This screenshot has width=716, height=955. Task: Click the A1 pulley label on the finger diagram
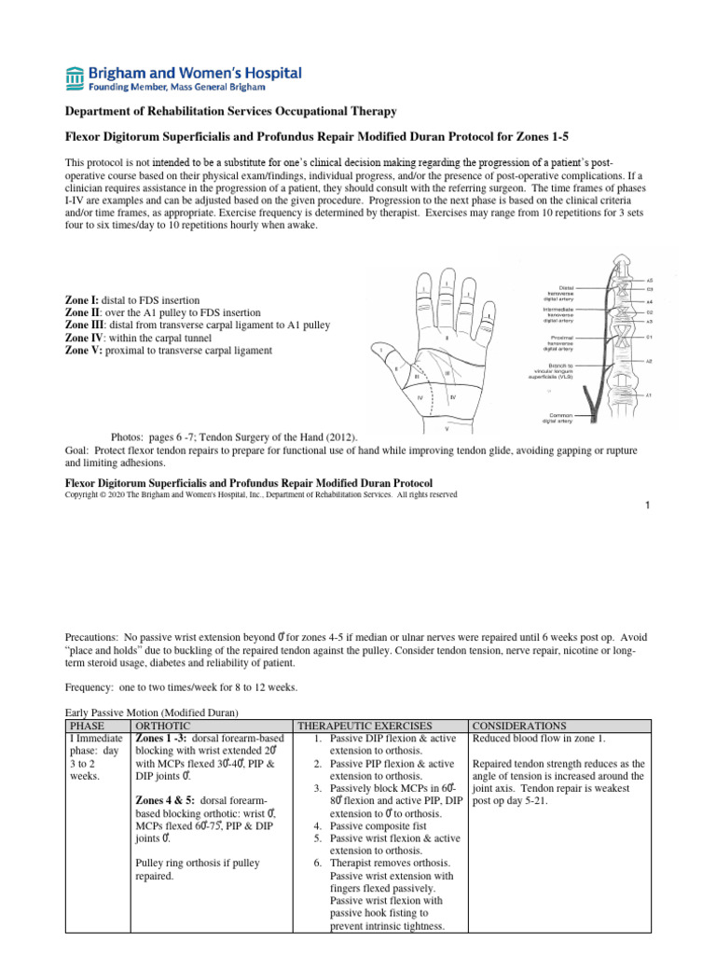coord(649,395)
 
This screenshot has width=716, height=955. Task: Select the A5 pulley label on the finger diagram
coord(649,280)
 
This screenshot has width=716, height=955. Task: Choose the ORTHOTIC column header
coord(164,725)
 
